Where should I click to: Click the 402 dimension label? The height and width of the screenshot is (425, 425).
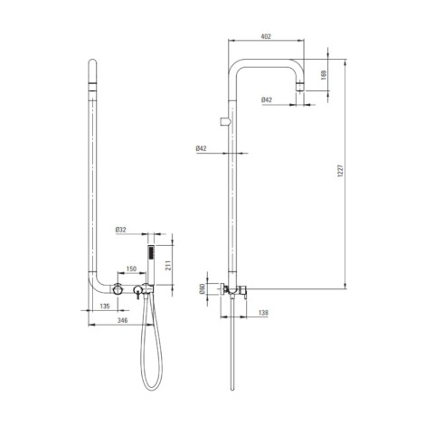point(266,36)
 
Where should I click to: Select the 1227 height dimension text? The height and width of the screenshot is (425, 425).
point(340,171)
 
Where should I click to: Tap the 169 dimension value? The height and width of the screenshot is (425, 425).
point(324,75)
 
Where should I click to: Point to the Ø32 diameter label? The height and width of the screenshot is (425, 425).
point(120,230)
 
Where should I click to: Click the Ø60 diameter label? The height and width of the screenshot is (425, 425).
point(202,288)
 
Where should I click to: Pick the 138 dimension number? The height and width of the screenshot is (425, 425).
point(263,313)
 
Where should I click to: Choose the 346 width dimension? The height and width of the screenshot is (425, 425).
point(122,320)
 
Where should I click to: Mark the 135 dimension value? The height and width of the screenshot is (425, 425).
point(105,307)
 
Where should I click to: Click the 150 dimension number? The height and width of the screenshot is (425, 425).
point(131,269)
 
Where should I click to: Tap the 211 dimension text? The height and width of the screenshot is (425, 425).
point(168,265)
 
